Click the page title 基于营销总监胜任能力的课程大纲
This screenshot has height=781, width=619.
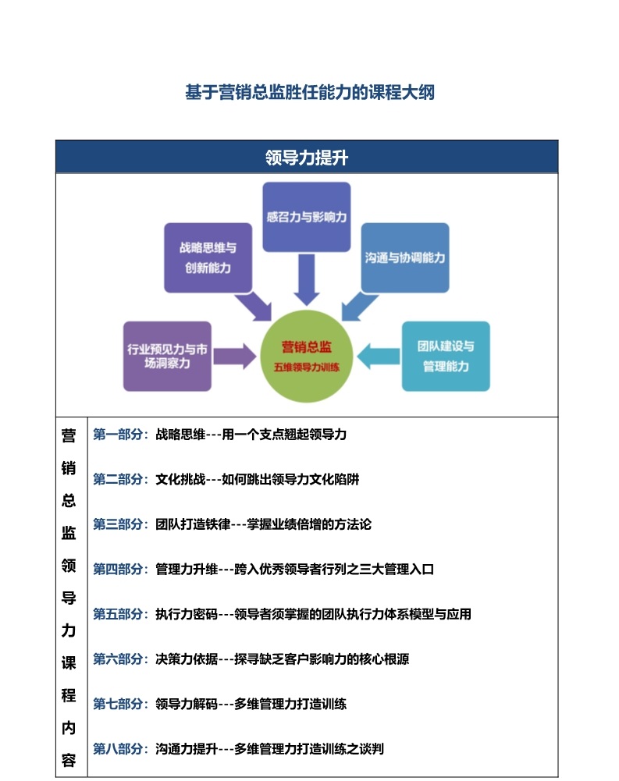click(309, 92)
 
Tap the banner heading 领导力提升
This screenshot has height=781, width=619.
click(307, 158)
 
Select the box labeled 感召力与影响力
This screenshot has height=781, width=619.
click(307, 217)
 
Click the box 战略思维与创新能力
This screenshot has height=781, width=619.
click(208, 257)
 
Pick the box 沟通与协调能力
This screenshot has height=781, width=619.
click(404, 257)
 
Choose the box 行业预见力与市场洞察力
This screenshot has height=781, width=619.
click(167, 356)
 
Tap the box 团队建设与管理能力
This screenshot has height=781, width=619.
click(446, 356)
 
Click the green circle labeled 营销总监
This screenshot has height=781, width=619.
click(307, 356)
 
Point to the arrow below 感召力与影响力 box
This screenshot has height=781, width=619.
click(307, 279)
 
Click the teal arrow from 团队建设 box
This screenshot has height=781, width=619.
click(379, 356)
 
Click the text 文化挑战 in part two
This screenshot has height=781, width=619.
click(180, 479)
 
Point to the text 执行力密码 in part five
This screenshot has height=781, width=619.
click(187, 613)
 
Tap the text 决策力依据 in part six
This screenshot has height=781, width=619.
click(187, 659)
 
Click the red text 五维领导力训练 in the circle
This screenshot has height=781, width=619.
click(307, 367)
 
